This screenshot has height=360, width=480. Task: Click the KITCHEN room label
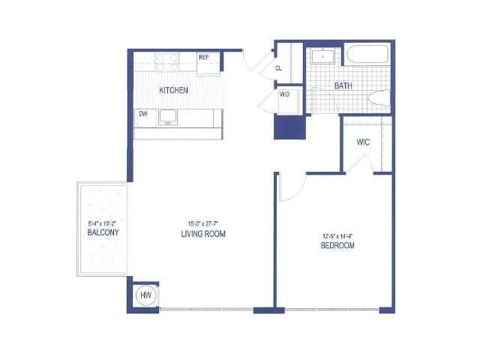click(173, 90)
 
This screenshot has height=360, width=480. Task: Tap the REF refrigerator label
click(204, 57)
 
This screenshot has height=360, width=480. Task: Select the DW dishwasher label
click(143, 114)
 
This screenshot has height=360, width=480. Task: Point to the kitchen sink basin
click(167, 117)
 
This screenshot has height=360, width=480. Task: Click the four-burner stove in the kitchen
click(166, 62)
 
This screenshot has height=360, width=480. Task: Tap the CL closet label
click(278, 68)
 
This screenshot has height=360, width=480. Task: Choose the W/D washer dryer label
click(284, 94)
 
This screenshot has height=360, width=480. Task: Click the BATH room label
click(343, 86)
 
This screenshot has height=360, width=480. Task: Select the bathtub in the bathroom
click(367, 54)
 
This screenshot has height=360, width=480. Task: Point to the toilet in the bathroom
click(379, 97)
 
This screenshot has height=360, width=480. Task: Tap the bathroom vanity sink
click(322, 57)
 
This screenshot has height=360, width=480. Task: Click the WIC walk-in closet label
click(363, 142)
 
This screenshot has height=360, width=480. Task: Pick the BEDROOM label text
click(337, 245)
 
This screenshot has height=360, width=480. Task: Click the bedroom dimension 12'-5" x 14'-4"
click(338, 236)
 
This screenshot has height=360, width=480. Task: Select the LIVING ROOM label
click(203, 234)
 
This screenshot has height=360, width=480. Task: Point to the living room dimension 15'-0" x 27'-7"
click(203, 223)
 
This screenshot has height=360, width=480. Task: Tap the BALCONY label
click(103, 232)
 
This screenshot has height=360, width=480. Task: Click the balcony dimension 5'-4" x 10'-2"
click(102, 223)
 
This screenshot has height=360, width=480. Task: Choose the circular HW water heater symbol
click(145, 295)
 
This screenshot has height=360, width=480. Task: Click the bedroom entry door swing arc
click(299, 193)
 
